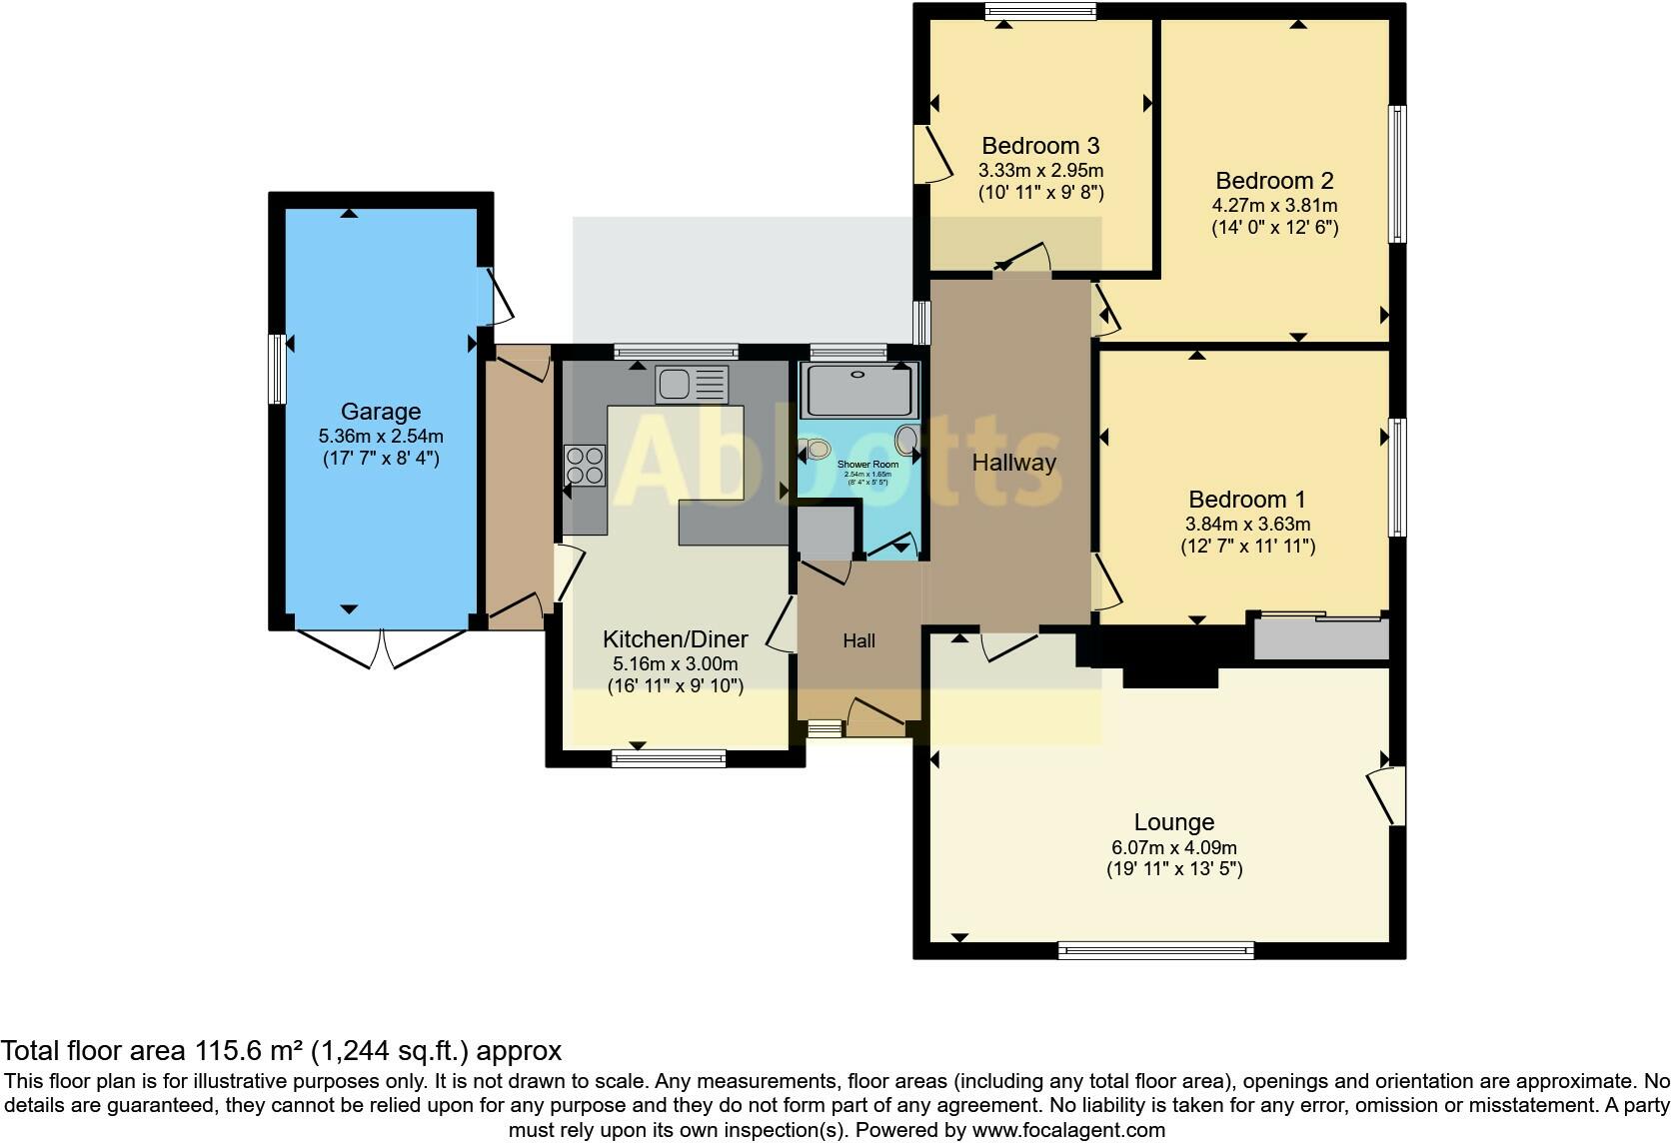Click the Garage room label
pos(380,412)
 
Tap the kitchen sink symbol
pos(692,384)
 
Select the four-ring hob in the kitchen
pos(585,465)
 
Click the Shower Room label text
pos(866,465)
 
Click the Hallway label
pos(1013,463)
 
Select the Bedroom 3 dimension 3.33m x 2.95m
pos(1040,171)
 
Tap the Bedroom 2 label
pos(1274,181)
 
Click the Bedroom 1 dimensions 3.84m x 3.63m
pos(1247,524)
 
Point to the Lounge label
pos(1173,822)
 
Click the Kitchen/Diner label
pos(675,640)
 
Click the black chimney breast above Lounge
pos(1169,658)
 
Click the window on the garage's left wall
pos(278,369)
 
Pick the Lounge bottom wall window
pos(1155,949)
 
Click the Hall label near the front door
pos(858,641)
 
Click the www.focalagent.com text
pos(1067,1130)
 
